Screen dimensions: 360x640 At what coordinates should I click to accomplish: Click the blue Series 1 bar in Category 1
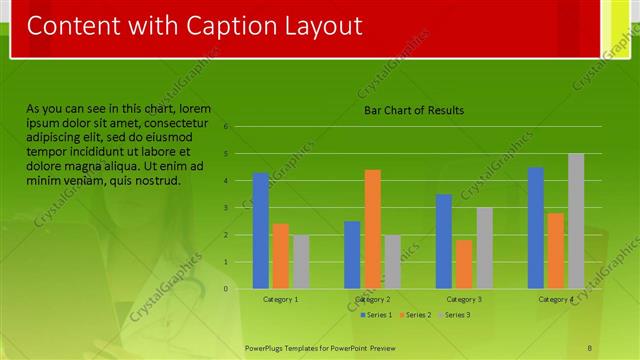point(261,231)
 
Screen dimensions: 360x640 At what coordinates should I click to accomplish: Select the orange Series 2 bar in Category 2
point(372,229)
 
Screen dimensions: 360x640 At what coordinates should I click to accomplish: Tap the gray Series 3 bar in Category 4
point(576,221)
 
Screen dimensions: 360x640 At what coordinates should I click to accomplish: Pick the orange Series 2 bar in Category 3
point(464,264)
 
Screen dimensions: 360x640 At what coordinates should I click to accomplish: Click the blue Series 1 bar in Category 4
point(536,228)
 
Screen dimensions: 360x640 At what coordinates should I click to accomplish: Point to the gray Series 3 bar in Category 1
point(301,262)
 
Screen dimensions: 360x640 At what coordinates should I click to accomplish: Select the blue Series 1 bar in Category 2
point(352,255)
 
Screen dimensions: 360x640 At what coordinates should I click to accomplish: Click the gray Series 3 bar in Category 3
point(484,248)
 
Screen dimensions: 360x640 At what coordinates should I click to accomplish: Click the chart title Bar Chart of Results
point(413,111)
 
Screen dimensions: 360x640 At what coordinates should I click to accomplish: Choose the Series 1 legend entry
point(376,315)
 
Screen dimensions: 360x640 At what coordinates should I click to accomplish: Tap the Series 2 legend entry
point(417,315)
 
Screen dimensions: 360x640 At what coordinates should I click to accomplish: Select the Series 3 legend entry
point(455,315)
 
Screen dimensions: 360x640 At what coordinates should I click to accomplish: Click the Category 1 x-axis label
point(281,299)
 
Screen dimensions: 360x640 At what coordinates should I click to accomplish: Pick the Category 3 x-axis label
point(464,299)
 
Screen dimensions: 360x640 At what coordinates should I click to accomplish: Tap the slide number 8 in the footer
point(591,347)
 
